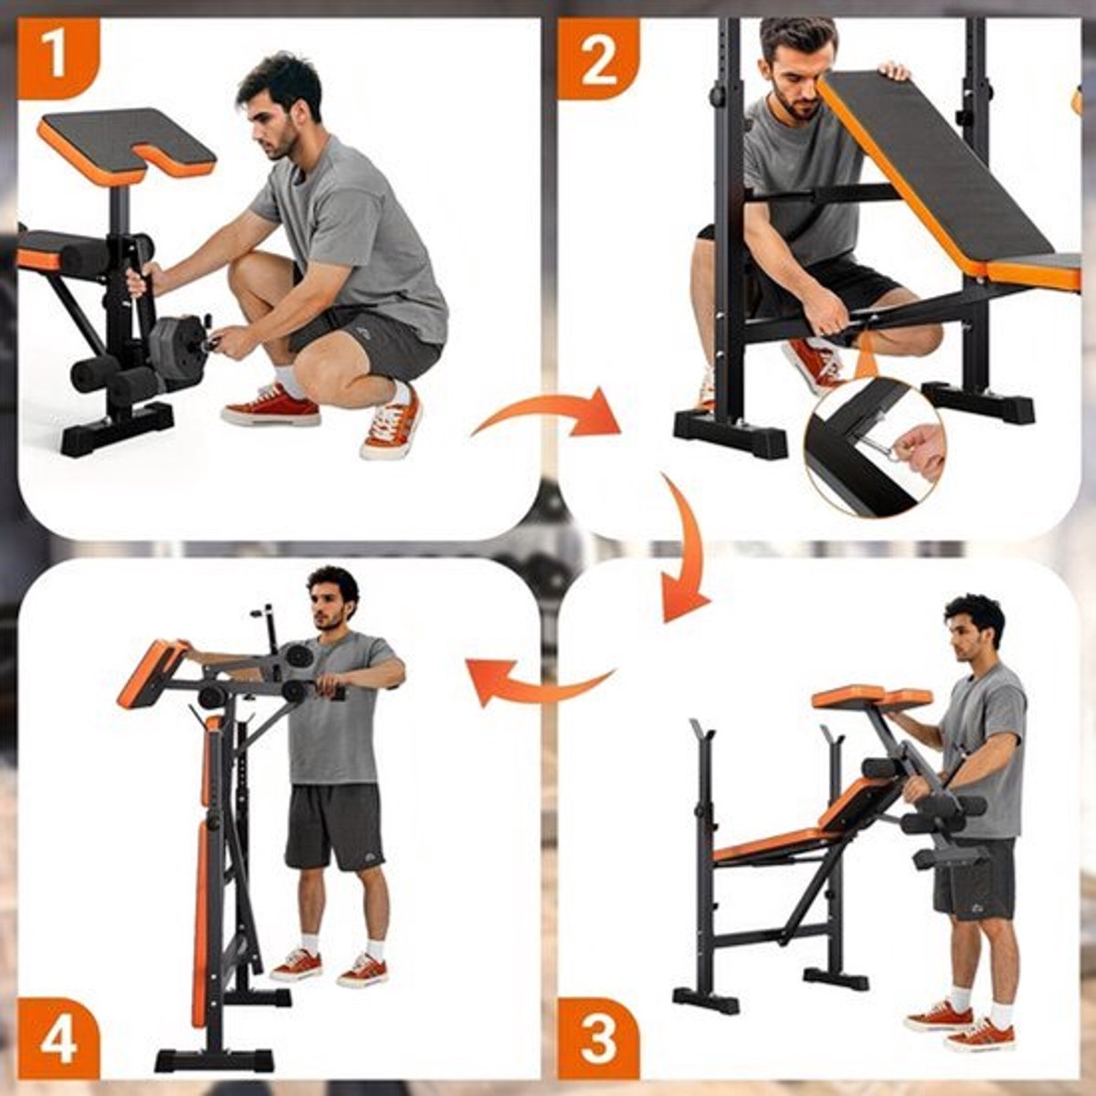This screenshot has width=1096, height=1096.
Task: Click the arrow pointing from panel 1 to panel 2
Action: pos(546,411)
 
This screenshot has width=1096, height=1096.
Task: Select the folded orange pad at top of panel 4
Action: pos(153,674)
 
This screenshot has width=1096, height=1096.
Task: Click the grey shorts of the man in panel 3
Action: pos(974,880)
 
